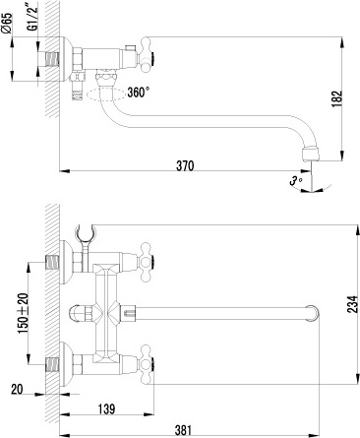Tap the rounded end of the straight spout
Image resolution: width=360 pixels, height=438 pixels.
coord(315,314)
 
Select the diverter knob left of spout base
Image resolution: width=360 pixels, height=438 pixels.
coord(78,314)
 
